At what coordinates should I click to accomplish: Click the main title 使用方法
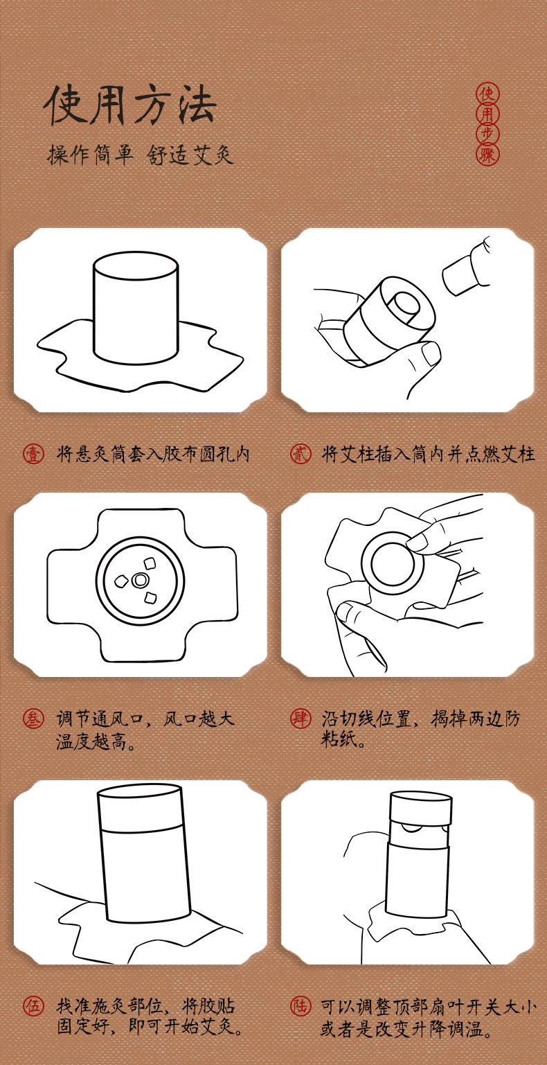(129, 105)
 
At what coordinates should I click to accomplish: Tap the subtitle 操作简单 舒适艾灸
(140, 155)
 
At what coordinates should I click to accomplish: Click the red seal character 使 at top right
(487, 94)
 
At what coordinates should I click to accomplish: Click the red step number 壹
(33, 454)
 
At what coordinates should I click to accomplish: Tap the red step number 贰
(301, 454)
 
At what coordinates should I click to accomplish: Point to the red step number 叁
(33, 719)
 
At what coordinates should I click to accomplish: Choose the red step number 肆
(301, 719)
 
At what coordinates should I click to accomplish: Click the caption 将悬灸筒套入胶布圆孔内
(153, 454)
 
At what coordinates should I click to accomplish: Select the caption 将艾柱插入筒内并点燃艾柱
(428, 454)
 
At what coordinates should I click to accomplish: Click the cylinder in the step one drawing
(136, 308)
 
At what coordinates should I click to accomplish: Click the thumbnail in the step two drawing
(431, 354)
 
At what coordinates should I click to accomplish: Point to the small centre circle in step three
(140, 580)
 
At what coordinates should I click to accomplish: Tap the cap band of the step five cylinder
(140, 807)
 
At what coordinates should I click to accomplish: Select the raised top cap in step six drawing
(420, 808)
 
